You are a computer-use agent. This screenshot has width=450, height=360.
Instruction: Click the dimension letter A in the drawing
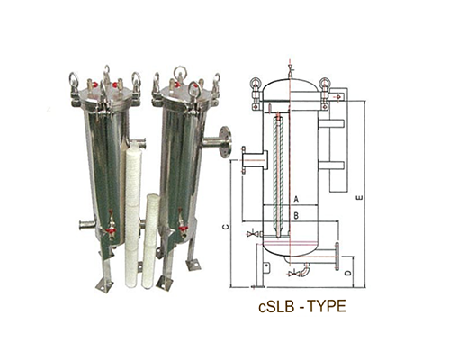coord(296,200)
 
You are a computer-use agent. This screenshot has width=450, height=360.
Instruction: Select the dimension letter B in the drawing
coord(296,215)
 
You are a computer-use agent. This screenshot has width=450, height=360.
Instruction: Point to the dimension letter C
coord(227,227)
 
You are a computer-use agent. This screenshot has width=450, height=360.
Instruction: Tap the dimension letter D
coord(347,274)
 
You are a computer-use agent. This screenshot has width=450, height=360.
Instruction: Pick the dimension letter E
coord(359,197)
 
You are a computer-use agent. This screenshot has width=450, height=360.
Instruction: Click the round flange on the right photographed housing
coord(225,142)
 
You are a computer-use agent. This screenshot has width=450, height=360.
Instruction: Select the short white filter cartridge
coord(150,241)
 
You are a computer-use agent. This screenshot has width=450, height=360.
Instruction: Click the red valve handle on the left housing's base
coord(111,230)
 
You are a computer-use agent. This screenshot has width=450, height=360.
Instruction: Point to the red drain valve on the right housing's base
coord(182,228)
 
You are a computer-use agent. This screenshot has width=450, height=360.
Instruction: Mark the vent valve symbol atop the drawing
coord(290,68)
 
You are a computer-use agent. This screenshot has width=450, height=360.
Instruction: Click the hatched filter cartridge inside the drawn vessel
coord(279,175)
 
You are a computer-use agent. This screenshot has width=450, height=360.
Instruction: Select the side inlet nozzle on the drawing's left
coord(254,160)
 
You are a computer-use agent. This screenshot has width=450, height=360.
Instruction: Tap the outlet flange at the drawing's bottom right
coord(337,256)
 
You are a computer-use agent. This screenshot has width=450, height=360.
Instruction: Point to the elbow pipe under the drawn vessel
coord(305,269)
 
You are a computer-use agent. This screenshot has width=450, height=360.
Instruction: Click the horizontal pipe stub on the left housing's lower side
coord(86,224)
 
